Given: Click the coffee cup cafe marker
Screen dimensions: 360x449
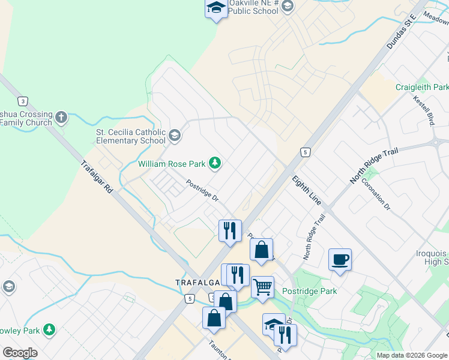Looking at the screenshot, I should click(x=340, y=260).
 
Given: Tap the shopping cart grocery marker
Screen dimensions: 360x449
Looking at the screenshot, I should click(x=262, y=287).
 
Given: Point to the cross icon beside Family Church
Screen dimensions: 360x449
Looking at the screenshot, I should click(x=61, y=118).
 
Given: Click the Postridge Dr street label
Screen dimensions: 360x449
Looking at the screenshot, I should click(x=202, y=191).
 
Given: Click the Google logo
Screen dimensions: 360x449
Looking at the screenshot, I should click(x=20, y=353).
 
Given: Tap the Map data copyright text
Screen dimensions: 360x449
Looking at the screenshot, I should click(x=411, y=355).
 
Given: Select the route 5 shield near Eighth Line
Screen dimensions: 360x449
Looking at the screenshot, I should click(x=306, y=152).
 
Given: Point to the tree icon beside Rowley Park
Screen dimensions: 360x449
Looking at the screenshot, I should click(x=49, y=330).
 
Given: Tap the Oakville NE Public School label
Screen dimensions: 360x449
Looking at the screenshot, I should click(x=252, y=7).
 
